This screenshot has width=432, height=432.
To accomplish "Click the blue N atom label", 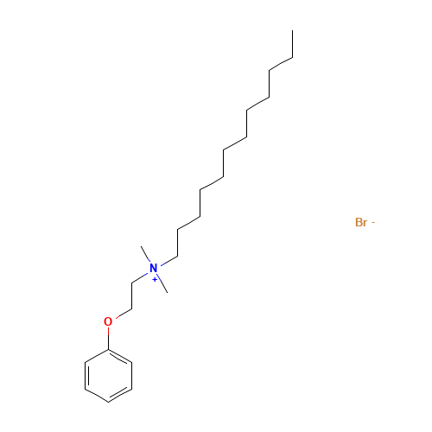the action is pos(154,268).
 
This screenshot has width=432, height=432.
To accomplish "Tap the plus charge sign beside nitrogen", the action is pos(155,280).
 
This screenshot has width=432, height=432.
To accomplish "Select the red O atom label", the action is pos(108,321).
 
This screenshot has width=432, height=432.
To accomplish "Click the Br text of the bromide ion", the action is pos(361,222).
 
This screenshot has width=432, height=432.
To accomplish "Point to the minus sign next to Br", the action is pos(373,222).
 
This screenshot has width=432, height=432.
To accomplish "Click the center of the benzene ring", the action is pos(109,376).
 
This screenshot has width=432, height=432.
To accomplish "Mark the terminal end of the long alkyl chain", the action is pos(293,30).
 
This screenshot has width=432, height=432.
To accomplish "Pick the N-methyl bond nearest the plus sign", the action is pos(162,284).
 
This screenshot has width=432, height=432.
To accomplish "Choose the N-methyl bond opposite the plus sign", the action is pos(145,254).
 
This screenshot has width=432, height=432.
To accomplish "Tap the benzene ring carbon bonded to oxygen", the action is pos(109,350).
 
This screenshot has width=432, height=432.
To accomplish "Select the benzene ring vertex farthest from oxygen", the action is pos(109,402).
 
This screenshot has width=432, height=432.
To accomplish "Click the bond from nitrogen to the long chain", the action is pos(168,261).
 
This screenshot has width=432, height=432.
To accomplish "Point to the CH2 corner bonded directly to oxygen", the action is pos(132,309).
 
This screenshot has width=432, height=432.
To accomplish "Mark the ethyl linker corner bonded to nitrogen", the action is pos(132,283).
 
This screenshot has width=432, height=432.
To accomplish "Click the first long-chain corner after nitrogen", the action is pos(177,256).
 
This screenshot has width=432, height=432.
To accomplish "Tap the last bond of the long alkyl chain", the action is pos(293,44).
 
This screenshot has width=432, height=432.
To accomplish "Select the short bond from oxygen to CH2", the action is pos(124,314).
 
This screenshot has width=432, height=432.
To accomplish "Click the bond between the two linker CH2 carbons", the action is pos(132,296).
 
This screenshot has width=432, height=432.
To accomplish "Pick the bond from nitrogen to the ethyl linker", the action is pos(140,278).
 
